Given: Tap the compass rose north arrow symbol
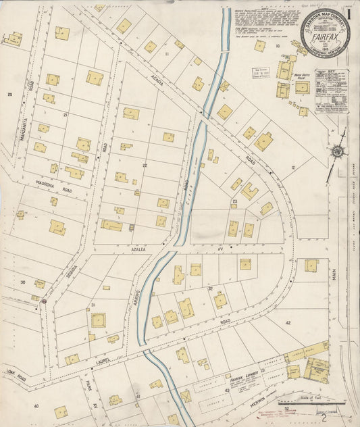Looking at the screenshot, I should coord(336,152).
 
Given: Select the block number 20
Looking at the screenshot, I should coord(9,94).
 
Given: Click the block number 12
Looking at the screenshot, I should coord(294,167).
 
